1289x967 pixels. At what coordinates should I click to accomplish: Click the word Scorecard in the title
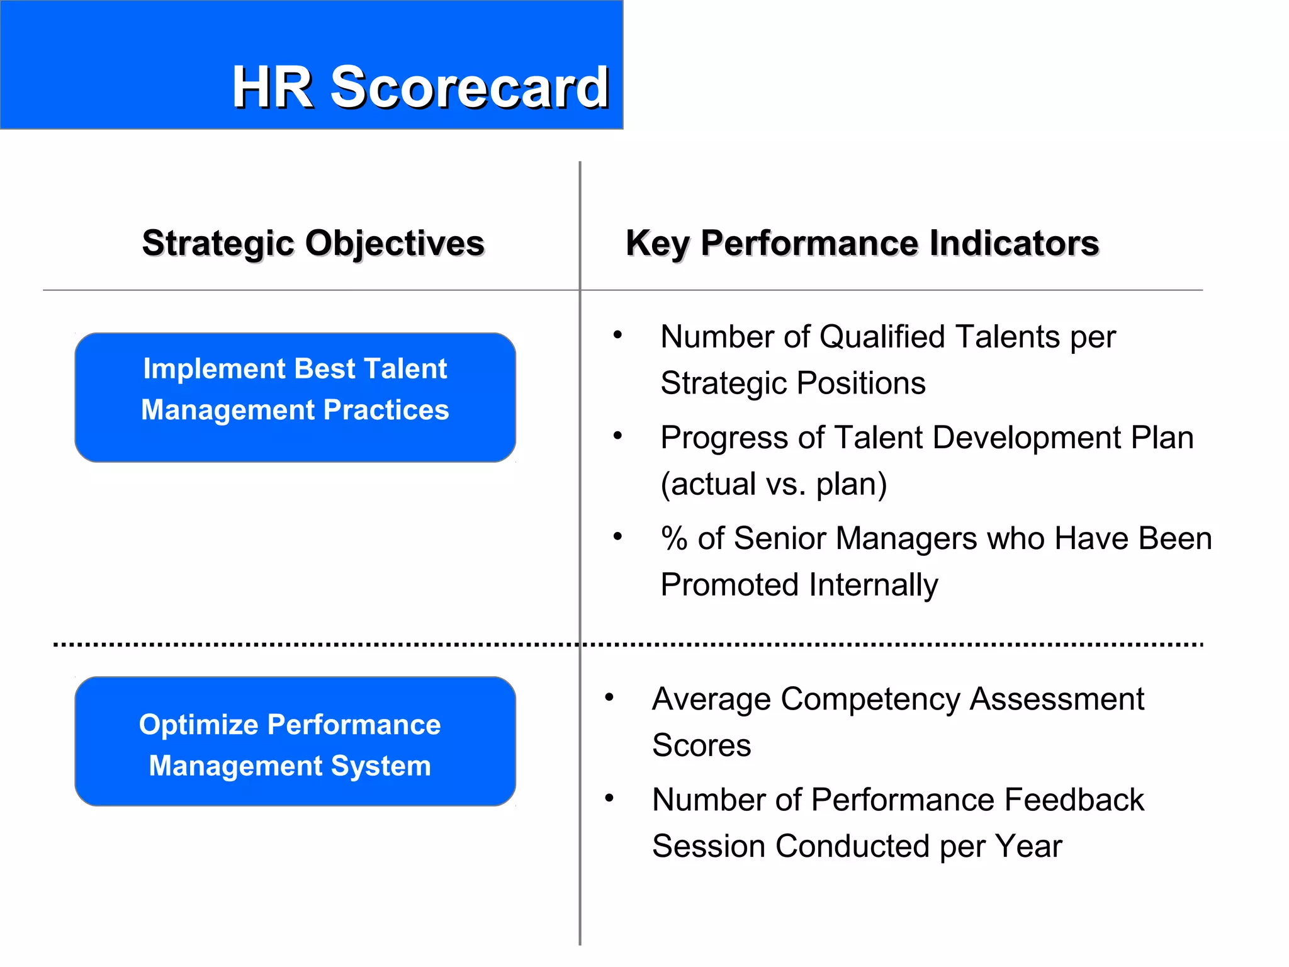pos(470,88)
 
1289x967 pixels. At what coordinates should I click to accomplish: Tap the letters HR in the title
pos(273,88)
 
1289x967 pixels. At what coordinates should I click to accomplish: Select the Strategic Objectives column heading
pos(313,243)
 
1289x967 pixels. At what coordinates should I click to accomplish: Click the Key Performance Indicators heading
pos(862,243)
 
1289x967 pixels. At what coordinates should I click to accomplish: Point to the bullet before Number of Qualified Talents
pos(618,335)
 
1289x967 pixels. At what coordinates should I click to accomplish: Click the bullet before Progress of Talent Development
pos(618,436)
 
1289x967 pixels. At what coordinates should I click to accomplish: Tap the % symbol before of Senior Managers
pos(674,539)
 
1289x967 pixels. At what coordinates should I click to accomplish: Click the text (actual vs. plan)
pos(774,484)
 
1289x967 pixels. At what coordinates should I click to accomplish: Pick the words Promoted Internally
pos(799,585)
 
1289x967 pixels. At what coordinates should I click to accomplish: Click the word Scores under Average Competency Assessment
pos(701,745)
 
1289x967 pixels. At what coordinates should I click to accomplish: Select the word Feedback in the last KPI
pos(1074,800)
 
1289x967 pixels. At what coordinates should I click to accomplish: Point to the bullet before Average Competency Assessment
pos(609,698)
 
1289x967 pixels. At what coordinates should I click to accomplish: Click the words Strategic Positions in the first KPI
pos(792,383)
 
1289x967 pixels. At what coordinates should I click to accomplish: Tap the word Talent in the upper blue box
pos(405,369)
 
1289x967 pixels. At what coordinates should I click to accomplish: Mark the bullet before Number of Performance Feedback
pos(609,798)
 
